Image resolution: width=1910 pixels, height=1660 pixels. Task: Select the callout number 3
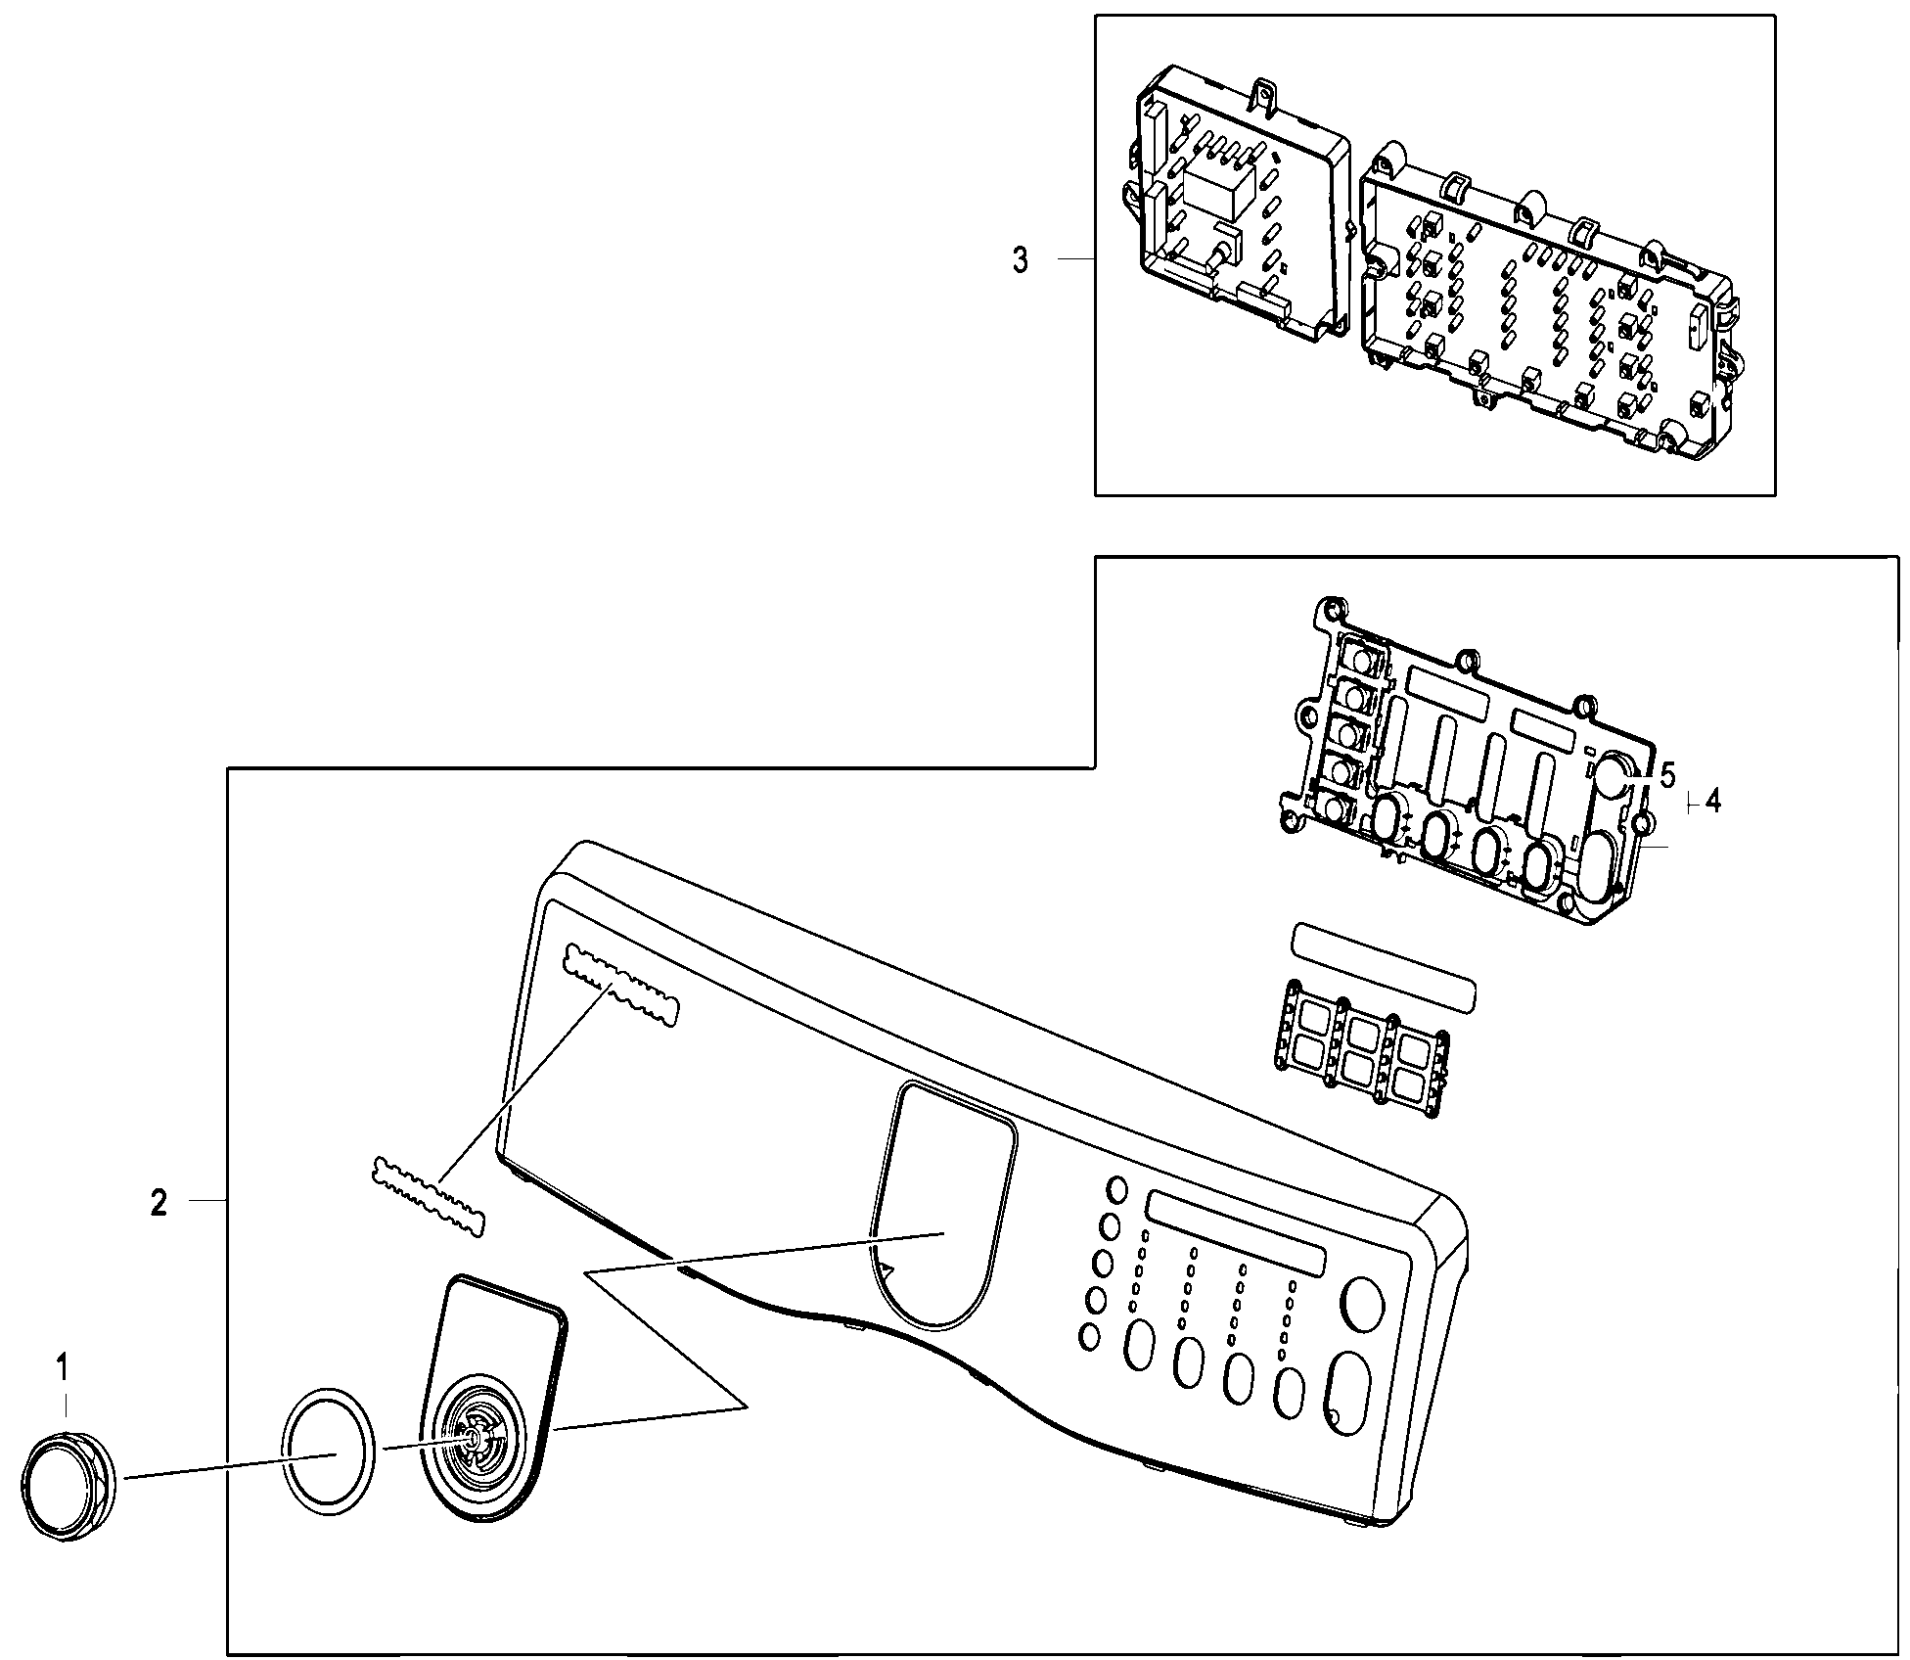pos(1021,260)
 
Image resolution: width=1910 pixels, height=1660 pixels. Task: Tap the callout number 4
pos(1711,803)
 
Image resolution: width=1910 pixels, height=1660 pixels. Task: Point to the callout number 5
pos(1668,775)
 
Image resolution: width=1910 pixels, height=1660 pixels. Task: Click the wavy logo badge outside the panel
pos(429,1196)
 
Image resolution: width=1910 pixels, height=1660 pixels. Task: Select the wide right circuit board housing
pos(1546,303)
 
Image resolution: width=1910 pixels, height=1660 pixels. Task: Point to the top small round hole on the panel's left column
pos(1116,1189)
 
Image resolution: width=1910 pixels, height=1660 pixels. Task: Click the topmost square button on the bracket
pos(1356,655)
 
